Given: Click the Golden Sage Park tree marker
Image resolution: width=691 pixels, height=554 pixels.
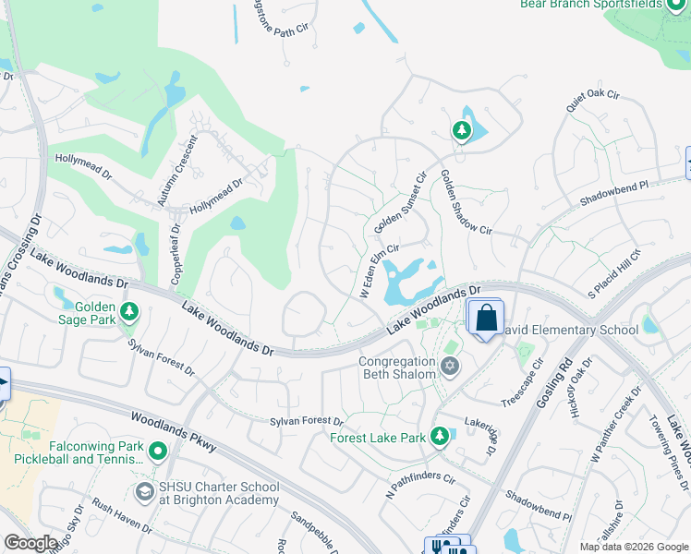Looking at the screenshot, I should [x=130, y=312].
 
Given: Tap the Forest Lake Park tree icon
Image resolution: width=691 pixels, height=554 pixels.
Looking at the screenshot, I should [x=441, y=435].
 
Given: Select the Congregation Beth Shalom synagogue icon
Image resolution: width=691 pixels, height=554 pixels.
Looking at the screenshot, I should [x=450, y=367].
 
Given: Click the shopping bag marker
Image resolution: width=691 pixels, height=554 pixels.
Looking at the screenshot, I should [x=486, y=319].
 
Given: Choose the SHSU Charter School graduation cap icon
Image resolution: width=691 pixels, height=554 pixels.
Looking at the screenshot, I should [x=144, y=492].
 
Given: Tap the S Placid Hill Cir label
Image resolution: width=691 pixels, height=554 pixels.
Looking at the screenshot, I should [x=614, y=273].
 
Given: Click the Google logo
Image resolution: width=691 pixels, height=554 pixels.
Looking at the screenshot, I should [x=30, y=543].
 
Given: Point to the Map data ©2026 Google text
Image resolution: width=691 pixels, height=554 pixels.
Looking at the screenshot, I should [x=633, y=547].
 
